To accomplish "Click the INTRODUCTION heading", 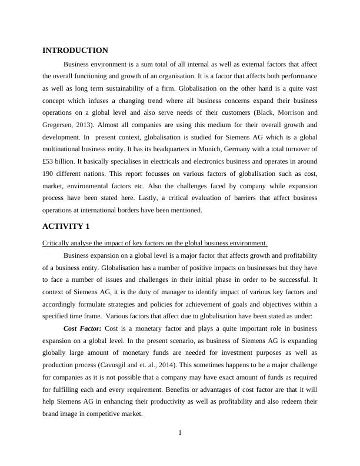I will [75, 51].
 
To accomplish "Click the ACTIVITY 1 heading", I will [65, 227].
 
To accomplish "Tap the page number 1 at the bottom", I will [180, 433].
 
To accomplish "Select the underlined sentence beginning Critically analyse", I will [155, 243].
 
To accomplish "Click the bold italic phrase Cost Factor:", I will [82, 327].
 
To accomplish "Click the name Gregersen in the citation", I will [57, 125].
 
